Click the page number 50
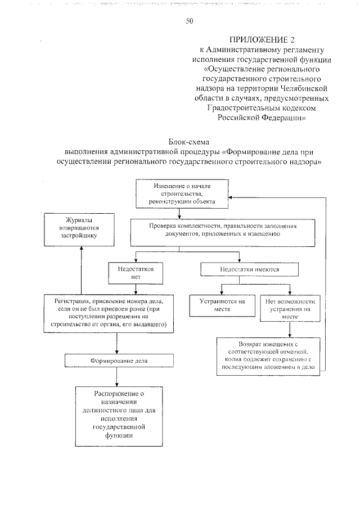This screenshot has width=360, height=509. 189,22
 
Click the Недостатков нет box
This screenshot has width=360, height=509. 136,272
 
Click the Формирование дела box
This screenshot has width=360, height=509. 116,360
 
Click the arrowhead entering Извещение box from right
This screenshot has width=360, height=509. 234,197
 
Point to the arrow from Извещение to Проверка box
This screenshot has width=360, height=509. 179,213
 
